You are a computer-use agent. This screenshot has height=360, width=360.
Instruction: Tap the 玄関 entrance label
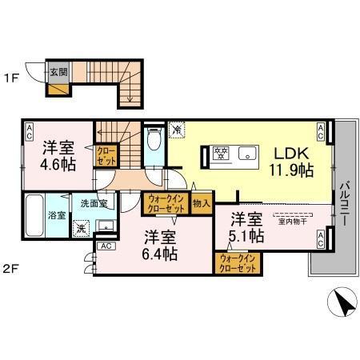point(58,71)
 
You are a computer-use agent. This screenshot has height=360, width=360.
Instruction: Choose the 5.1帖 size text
point(246,235)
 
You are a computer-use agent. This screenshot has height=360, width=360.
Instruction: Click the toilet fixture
point(154,141)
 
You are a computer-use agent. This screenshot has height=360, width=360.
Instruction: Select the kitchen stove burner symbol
point(221,152)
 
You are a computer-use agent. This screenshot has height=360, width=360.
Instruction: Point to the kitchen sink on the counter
point(246,152)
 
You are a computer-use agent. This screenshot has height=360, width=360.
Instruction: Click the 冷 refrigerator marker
point(178,128)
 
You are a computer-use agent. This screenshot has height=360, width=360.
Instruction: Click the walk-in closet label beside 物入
point(166,204)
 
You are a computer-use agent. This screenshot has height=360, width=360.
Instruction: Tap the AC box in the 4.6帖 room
point(29,130)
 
